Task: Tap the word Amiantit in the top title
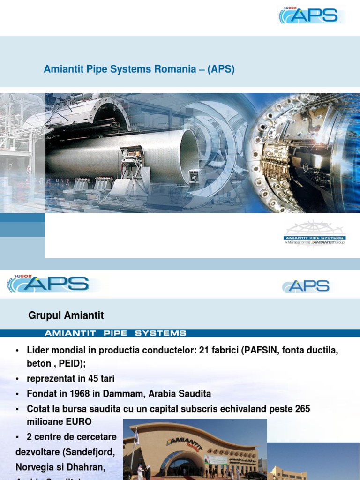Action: click(x=63, y=69)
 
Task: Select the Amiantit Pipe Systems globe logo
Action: click(x=315, y=233)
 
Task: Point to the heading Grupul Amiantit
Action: click(x=66, y=315)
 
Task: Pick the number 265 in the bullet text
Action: click(x=303, y=409)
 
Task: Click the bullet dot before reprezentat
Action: click(x=17, y=379)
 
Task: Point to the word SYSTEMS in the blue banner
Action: click(x=160, y=333)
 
